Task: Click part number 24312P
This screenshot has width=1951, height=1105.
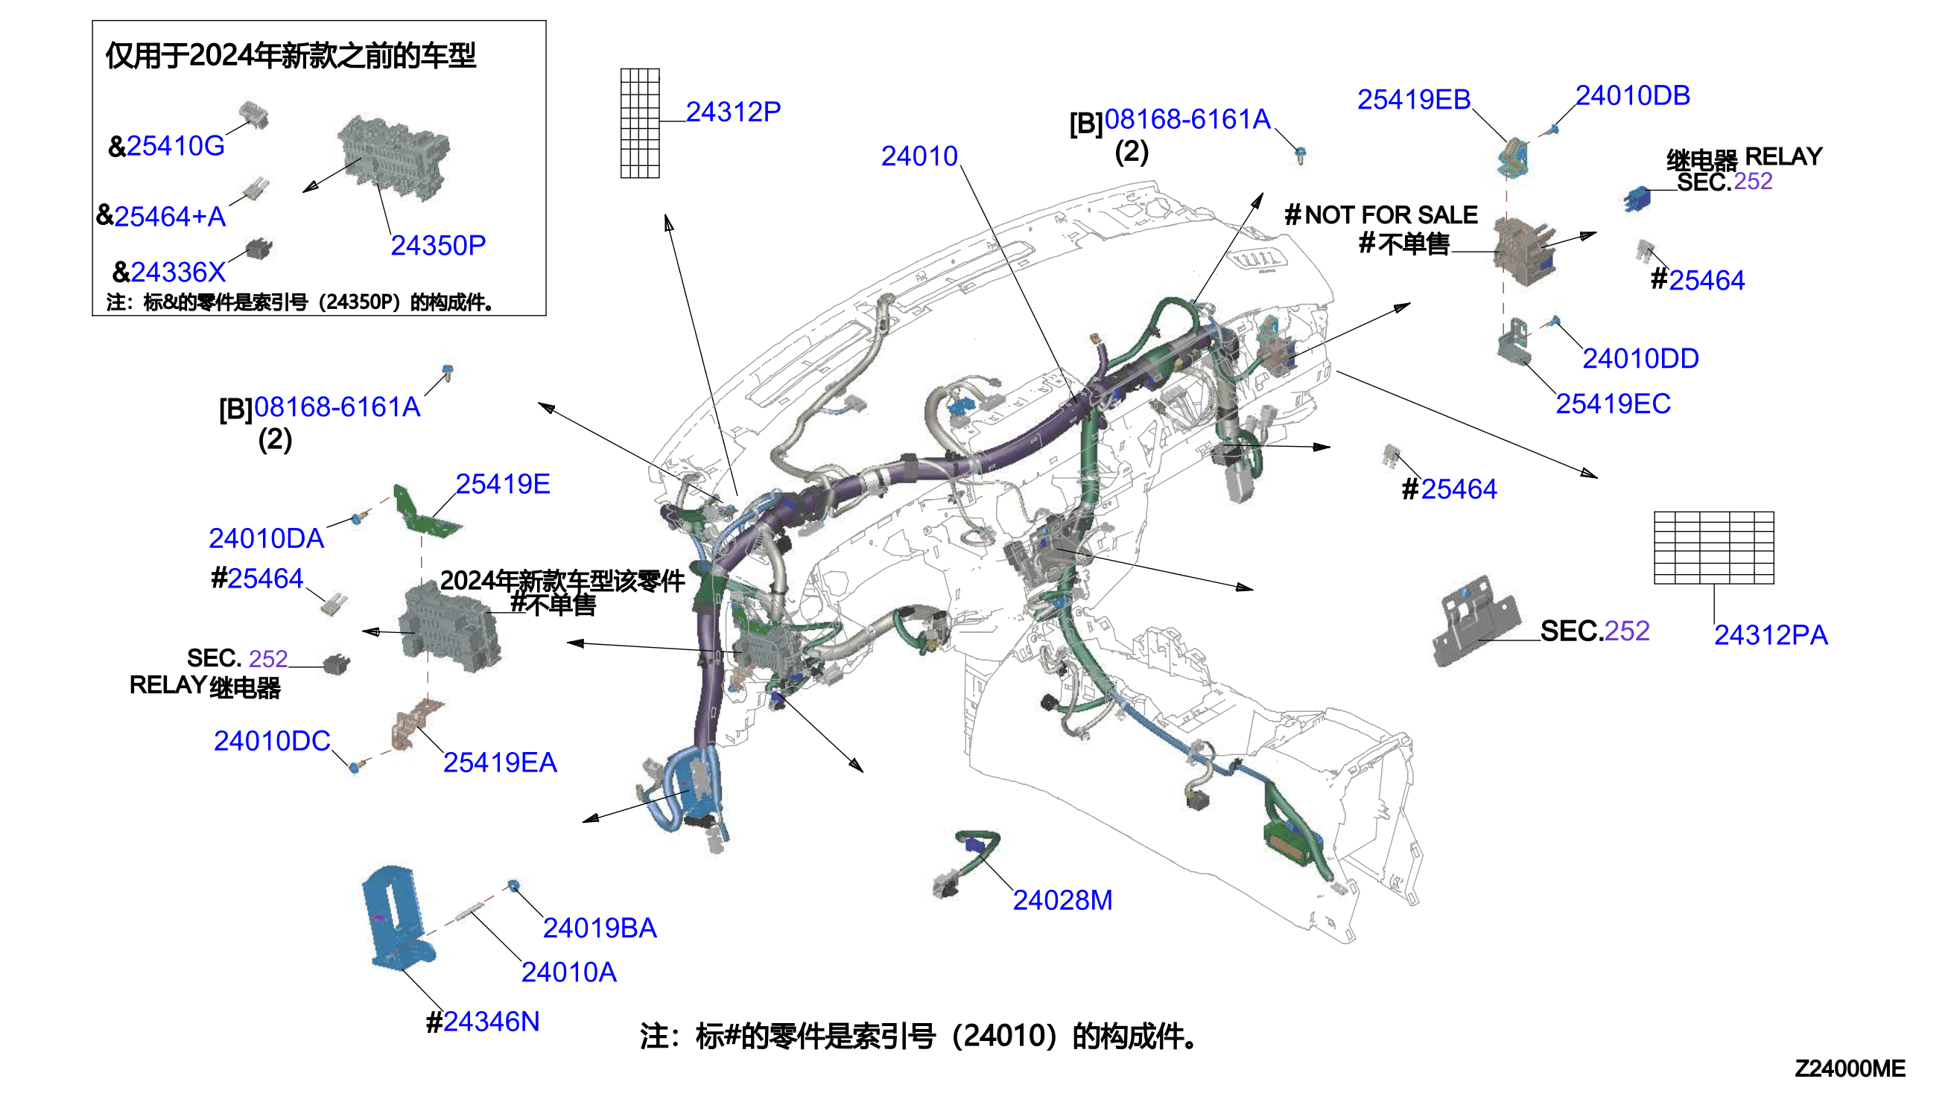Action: [732, 112]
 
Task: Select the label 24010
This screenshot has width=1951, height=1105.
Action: [919, 156]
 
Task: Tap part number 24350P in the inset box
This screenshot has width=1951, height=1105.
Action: [438, 245]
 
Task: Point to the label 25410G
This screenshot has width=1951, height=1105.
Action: [175, 146]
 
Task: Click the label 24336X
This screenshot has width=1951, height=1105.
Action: [178, 272]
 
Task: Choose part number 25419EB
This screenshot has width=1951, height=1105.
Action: [1414, 100]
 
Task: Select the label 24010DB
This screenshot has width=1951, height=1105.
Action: [1632, 95]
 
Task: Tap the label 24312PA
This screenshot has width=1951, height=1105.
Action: [1770, 634]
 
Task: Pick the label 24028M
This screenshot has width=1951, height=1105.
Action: [1062, 900]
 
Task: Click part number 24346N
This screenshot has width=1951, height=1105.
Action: [491, 1022]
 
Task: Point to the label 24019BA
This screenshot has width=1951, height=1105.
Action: [600, 928]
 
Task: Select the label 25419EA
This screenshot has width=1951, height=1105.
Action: [500, 762]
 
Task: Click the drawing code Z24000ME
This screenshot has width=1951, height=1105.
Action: [1849, 1069]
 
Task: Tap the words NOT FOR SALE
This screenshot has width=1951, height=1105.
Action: [1391, 214]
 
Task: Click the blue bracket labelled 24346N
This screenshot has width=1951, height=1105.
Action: [400, 919]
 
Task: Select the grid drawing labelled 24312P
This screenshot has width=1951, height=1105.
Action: [640, 123]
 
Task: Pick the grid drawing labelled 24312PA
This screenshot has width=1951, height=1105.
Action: [1713, 548]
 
